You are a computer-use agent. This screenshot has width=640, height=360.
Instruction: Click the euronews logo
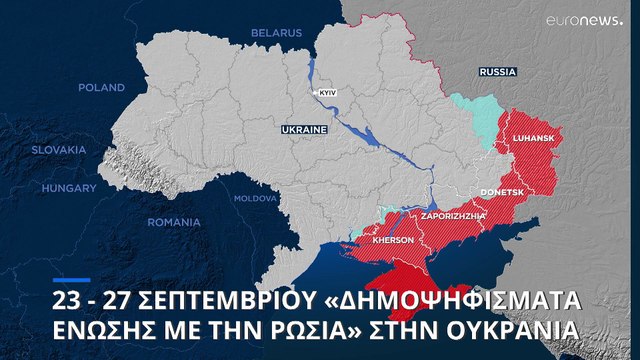click(584, 20)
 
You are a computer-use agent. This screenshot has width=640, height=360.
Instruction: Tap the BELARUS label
click(276, 33)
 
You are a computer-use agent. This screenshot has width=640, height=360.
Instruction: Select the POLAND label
click(101, 88)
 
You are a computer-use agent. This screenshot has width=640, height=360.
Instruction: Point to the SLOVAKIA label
click(59, 149)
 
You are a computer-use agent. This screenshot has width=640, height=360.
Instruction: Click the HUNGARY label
click(69, 188)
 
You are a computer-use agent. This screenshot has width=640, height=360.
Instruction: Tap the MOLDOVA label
click(256, 198)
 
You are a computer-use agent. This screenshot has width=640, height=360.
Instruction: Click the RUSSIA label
click(498, 73)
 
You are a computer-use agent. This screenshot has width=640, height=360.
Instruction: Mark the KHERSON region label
click(392, 241)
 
